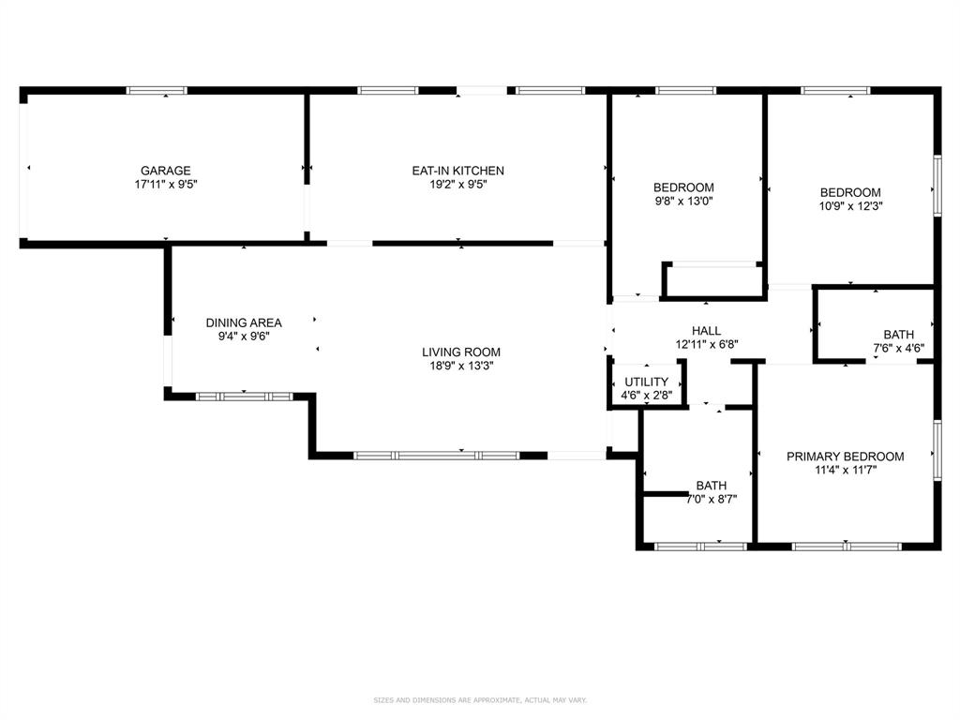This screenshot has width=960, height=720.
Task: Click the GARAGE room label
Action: tap(166, 171)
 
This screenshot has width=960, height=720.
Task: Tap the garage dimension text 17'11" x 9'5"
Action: tap(166, 185)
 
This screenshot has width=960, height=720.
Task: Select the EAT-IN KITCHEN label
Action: tap(457, 171)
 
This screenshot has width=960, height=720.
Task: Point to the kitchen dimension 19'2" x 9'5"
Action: tap(457, 185)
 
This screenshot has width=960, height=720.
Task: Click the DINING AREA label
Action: tap(244, 322)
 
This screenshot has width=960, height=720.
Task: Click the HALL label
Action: tap(706, 331)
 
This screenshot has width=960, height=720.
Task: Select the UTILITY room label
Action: tap(647, 382)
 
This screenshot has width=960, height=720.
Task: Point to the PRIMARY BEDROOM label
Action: tap(845, 457)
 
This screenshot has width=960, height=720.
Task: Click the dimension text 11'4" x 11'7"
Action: tap(845, 471)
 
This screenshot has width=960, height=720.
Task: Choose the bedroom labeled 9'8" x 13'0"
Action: tap(683, 187)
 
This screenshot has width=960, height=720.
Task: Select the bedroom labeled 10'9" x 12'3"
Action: tap(850, 193)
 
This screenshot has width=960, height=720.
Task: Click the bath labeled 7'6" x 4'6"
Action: tap(898, 335)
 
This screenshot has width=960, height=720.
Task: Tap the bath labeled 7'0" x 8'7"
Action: tap(711, 486)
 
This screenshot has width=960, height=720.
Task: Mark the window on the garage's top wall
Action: tap(157, 91)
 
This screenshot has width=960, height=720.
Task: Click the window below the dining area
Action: tap(244, 397)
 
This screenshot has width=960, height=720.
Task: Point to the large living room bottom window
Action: tap(437, 456)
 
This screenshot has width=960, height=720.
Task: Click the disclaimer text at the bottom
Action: tap(480, 700)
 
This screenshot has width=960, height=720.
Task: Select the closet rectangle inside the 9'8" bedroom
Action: tap(713, 280)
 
